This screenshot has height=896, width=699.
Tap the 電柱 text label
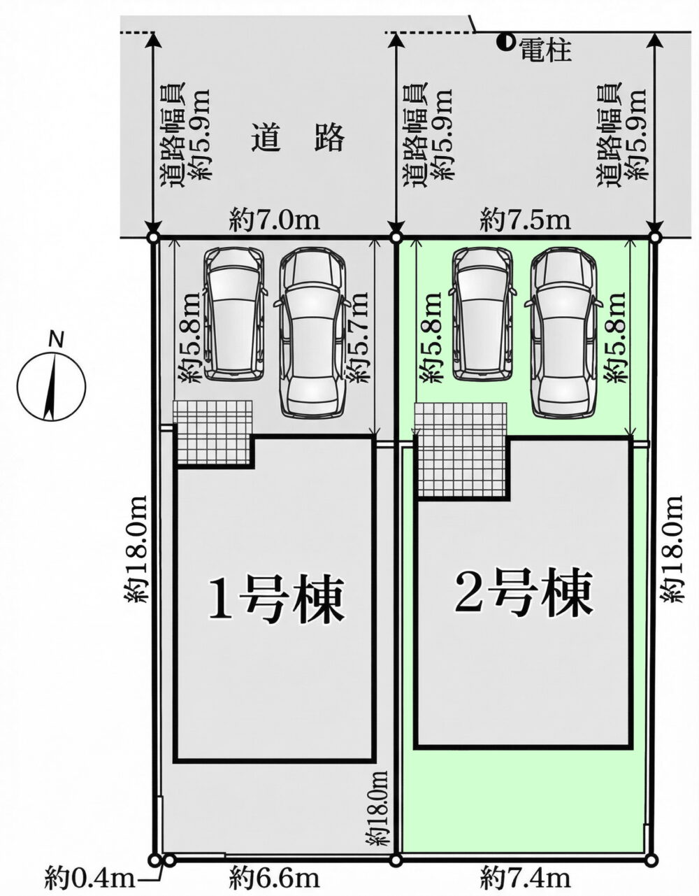point(546,50)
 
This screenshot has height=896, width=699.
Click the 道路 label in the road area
point(297,139)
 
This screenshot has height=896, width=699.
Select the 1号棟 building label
point(276,601)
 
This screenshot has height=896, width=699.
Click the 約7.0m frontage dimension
point(275,222)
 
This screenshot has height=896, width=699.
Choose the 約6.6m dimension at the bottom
point(275,876)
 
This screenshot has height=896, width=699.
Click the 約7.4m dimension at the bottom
point(526,876)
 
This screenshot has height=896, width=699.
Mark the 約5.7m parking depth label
point(356,336)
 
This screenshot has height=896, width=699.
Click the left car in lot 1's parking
point(235,314)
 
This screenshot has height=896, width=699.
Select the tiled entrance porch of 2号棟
point(461,450)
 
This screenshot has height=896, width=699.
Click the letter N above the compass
point(56,341)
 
